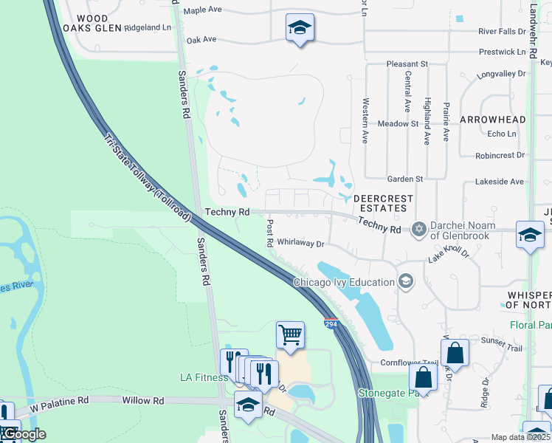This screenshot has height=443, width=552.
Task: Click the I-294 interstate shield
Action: (x=331, y=323)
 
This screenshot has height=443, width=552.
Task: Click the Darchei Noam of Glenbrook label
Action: (x=464, y=230)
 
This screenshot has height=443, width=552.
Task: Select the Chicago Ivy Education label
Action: (x=345, y=281)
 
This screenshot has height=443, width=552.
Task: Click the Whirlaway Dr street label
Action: (x=300, y=243)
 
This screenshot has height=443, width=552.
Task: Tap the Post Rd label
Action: (x=270, y=233)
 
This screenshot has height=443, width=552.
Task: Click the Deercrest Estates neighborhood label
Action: (x=380, y=204)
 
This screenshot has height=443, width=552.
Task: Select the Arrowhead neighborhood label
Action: (x=493, y=120)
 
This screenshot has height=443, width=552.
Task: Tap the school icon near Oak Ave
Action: (x=299, y=28)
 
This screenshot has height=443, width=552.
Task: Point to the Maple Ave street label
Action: (x=203, y=10)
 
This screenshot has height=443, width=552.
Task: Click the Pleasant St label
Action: (x=407, y=64)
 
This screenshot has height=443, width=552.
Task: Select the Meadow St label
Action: (x=398, y=124)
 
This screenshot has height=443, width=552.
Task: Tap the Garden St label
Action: (x=405, y=179)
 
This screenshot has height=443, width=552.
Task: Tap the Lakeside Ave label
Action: (x=499, y=181)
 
